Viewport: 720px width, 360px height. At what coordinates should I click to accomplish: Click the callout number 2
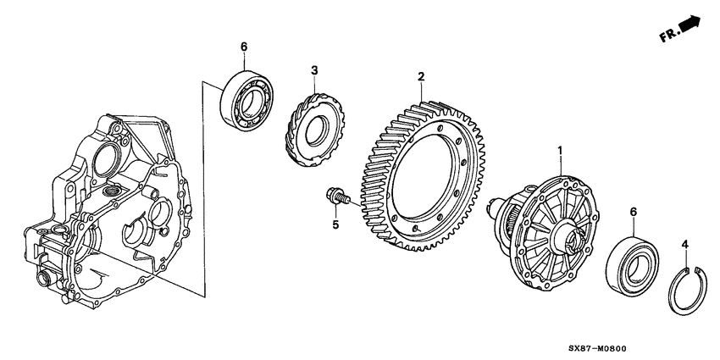point(420,77)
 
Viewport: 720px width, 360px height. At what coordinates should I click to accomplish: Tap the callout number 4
point(685,245)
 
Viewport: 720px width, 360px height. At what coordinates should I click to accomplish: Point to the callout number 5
point(335,225)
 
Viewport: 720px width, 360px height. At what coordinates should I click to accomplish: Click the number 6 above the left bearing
point(243,46)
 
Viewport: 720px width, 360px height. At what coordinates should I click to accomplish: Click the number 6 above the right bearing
point(631,211)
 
